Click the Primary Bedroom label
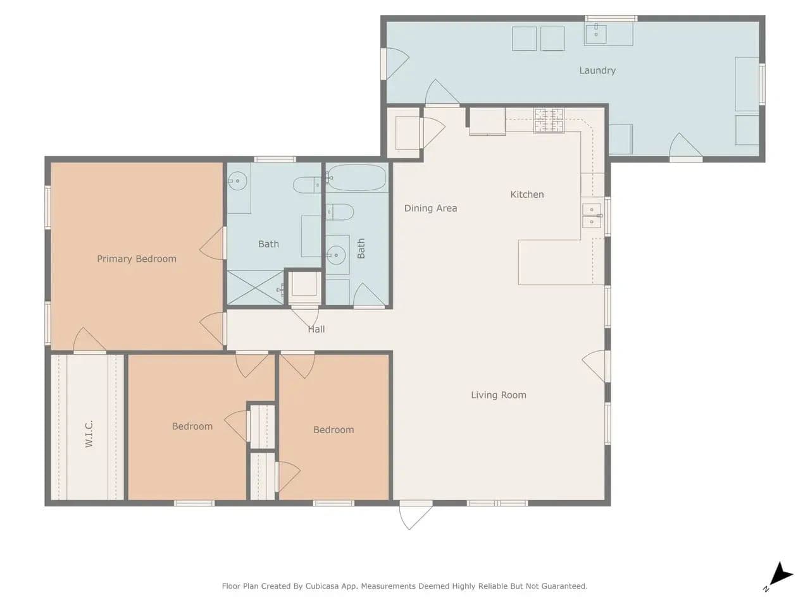[x=137, y=259]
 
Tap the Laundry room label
[x=597, y=70]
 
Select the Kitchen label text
[x=527, y=194]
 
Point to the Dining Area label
[x=430, y=208]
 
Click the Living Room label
[x=499, y=395]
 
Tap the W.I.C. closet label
[x=89, y=434]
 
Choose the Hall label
[x=316, y=329]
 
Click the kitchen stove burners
[x=549, y=120]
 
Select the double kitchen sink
[x=592, y=216]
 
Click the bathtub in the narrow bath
[x=356, y=178]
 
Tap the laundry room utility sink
[x=595, y=34]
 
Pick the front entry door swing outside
[x=415, y=516]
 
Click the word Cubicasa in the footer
[x=321, y=586]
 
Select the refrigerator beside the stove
[x=487, y=121]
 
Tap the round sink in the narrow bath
[x=336, y=255]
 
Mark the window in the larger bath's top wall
[x=275, y=159]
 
